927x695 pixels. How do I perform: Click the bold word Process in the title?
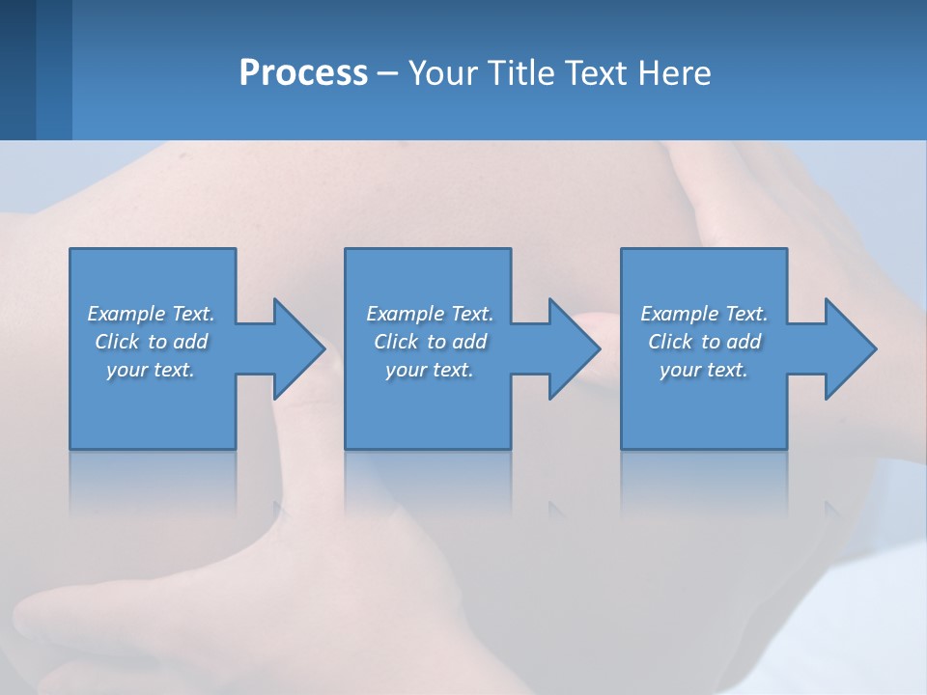(x=303, y=73)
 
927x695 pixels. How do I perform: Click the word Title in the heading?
(x=520, y=73)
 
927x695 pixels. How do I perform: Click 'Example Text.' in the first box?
(x=151, y=314)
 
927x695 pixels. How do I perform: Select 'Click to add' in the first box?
(x=151, y=342)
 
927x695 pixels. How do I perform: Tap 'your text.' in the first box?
(x=151, y=370)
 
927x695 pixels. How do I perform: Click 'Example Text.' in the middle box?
(x=430, y=314)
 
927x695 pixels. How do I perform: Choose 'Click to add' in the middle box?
(x=430, y=342)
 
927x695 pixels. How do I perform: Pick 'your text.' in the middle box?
(x=430, y=370)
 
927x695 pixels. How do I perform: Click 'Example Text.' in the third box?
(x=704, y=314)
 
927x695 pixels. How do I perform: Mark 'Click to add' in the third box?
(x=704, y=342)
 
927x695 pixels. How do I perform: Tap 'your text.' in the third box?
(x=704, y=370)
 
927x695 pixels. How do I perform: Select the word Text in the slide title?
(x=595, y=73)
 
